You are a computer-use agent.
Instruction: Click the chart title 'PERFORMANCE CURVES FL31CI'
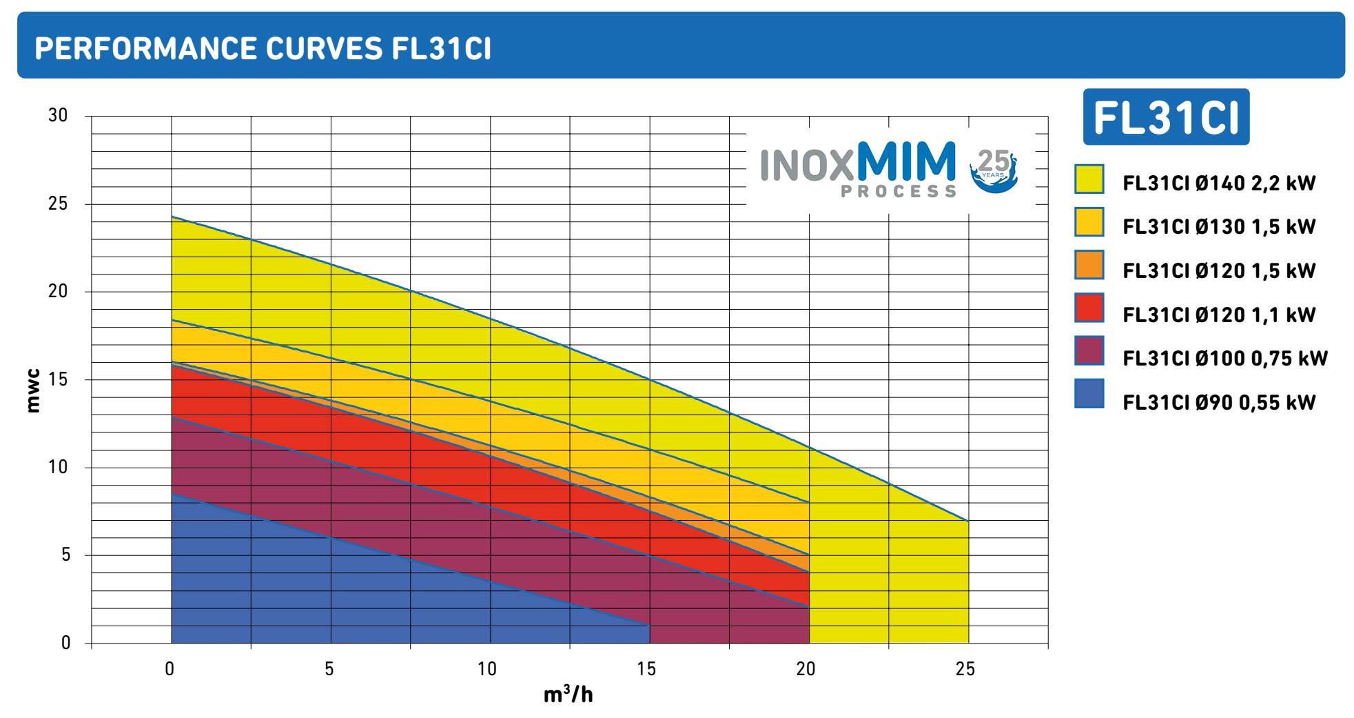263,48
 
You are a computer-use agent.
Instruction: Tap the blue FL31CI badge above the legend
1166,117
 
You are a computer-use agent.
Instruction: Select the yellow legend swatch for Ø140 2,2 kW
1089,179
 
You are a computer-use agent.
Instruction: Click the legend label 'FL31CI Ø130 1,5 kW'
1219,227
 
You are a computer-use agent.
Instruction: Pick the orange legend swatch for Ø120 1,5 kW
1089,266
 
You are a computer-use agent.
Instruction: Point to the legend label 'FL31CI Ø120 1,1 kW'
1219,315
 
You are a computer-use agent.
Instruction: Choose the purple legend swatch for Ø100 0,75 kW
1089,351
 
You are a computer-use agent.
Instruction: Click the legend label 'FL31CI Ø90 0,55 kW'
1219,403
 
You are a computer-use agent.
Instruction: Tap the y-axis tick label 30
58,116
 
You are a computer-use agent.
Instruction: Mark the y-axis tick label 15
58,379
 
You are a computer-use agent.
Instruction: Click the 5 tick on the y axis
65,555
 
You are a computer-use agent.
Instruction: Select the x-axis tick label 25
965,669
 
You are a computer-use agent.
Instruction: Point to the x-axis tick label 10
487,669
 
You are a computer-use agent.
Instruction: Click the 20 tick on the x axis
806,669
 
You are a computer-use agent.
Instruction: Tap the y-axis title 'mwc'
32,391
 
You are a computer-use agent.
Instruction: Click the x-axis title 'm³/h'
568,695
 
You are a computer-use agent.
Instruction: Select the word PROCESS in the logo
899,191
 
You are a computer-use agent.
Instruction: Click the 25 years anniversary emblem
994,170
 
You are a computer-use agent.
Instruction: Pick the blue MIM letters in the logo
905,161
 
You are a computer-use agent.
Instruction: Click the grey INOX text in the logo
806,166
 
